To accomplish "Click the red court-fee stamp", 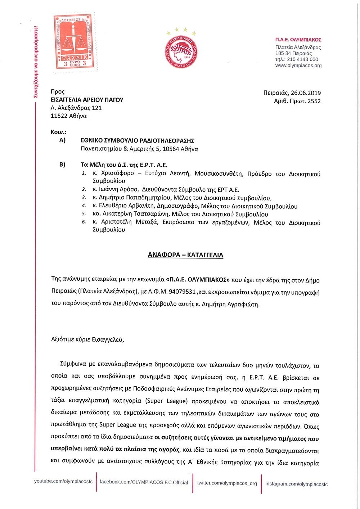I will click(x=75, y=42).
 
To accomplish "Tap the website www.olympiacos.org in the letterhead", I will click(x=298, y=66).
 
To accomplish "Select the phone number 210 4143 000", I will click(x=302, y=59).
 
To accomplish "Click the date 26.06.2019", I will click(x=306, y=93).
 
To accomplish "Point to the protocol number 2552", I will click(x=314, y=101).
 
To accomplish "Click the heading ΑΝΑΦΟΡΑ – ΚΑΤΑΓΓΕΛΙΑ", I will click(x=185, y=255).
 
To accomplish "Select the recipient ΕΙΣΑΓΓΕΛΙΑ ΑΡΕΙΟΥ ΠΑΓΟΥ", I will click(x=87, y=100).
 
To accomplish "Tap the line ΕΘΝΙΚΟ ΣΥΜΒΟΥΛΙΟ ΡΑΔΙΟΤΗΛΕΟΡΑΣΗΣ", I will click(x=137, y=141).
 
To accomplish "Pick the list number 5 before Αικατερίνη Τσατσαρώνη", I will click(x=84, y=214).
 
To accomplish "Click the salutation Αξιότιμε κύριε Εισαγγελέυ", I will click(x=87, y=339).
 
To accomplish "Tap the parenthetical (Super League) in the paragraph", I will click(x=166, y=401).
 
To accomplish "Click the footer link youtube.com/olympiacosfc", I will click(x=63, y=481).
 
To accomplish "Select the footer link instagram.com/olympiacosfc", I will click(x=296, y=484).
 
